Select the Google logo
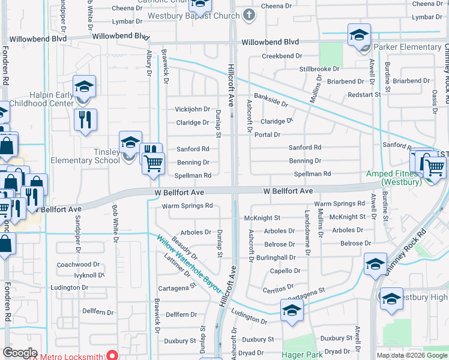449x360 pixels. click(x=20, y=353)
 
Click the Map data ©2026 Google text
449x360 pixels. click(x=411, y=355)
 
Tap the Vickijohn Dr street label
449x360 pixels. click(x=192, y=109)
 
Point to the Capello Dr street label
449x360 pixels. click(x=285, y=271)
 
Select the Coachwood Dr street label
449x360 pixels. click(x=78, y=265)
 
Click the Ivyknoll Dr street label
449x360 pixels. click(x=77, y=275)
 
